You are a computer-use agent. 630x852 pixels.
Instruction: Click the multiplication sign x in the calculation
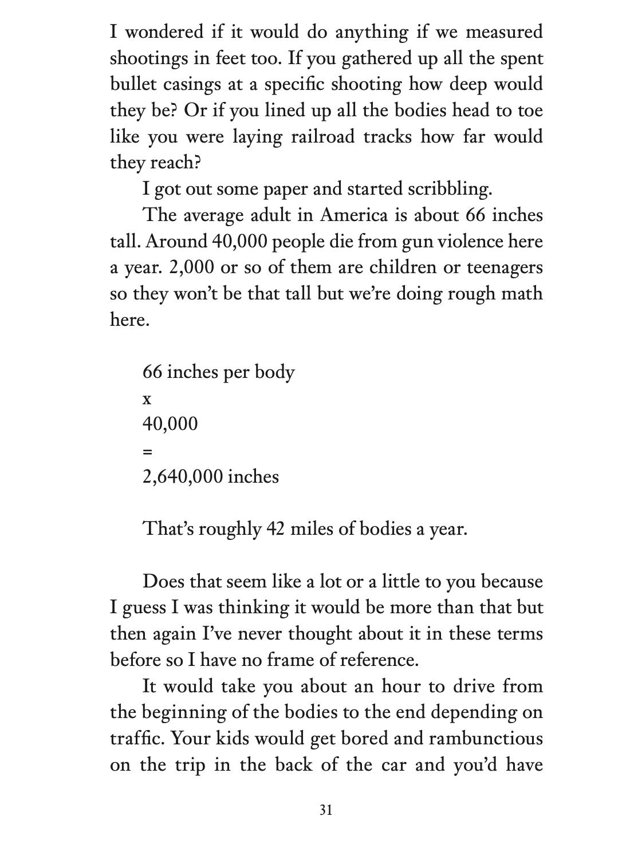[147, 399]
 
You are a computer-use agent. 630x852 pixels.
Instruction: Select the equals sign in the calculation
[147, 451]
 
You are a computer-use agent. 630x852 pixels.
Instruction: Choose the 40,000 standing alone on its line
[170, 424]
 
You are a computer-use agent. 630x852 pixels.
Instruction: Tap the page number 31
[326, 810]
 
